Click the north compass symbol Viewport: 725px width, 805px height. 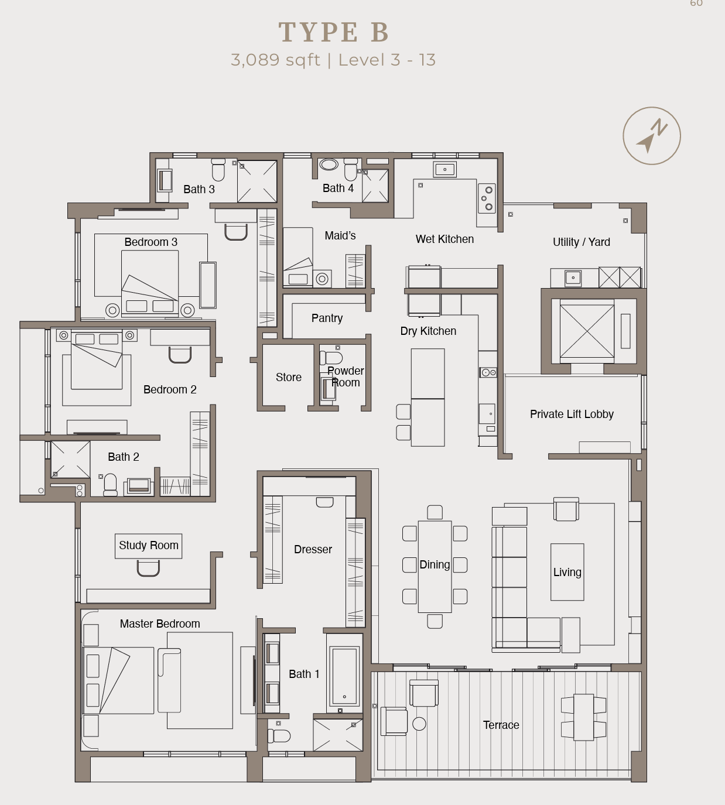point(651,136)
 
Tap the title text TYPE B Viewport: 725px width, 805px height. point(334,32)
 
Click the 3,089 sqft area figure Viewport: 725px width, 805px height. point(275,60)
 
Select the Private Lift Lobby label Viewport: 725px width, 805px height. point(572,414)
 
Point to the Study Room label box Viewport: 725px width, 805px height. point(149,546)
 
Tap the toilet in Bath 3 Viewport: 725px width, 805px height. point(218,169)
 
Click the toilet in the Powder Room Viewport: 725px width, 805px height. point(333,358)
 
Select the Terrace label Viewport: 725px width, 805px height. point(501,725)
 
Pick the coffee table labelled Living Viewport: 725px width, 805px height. point(567,572)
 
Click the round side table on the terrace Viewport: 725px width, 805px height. point(419,724)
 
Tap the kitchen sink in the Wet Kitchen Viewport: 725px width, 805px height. point(445,170)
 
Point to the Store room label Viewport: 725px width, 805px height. point(289,378)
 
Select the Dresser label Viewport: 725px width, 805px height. point(313,549)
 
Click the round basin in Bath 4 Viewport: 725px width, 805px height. point(329,165)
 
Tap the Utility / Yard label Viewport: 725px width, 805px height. point(581,242)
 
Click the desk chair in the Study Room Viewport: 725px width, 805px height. point(148,568)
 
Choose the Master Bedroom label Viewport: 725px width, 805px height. point(160,624)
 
